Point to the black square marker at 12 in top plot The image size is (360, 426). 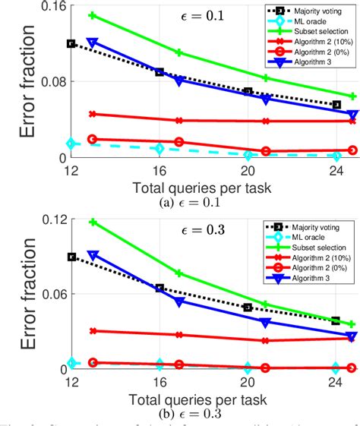[x=71, y=44]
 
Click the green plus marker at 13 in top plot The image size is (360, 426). [x=92, y=15]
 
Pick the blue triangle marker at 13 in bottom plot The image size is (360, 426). [x=92, y=255]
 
